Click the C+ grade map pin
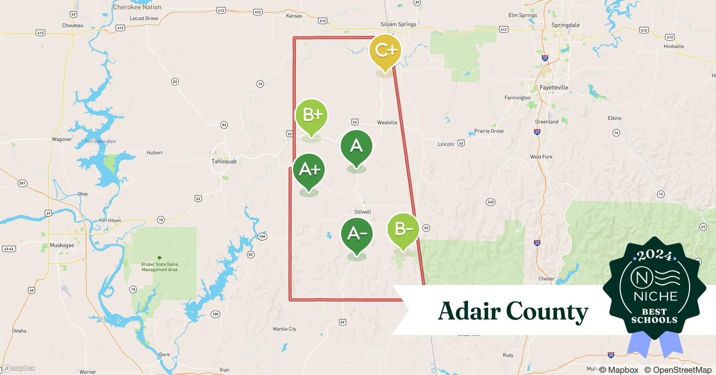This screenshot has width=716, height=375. tap(385, 51)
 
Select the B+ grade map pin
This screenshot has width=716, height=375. tap(311, 115)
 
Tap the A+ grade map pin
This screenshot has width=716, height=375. tap(309, 170)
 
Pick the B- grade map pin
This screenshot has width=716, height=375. tap(403, 229)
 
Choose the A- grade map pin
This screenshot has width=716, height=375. tap(357, 234)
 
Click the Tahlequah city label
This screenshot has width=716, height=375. tap(224, 162)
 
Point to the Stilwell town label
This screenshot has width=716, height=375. tap(362, 212)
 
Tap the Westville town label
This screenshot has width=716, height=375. tap(387, 123)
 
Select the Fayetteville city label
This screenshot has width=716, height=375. tap(554, 88)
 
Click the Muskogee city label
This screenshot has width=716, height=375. tap(62, 245)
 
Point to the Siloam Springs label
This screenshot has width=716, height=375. tap(398, 24)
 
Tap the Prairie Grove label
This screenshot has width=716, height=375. tap(489, 131)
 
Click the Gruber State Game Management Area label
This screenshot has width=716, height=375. tap(159, 267)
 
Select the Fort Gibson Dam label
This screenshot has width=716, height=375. tap(100, 141)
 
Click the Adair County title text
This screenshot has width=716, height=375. tap(513, 311)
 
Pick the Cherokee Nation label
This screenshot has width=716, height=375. tap(137, 7)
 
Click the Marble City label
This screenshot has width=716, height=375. tap(285, 329)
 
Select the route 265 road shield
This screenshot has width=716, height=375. tap(490, 202)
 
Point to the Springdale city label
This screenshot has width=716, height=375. tap(565, 25)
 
